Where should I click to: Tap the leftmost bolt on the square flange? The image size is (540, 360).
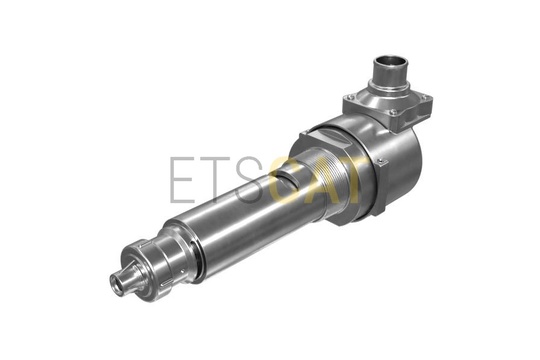pyautogui.click(x=350, y=97)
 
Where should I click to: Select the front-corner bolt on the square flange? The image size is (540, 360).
pyautogui.click(x=393, y=111)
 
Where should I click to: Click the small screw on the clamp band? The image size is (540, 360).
pyautogui.click(x=381, y=161)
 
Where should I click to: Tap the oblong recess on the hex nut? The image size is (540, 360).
pyautogui.click(x=338, y=141)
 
